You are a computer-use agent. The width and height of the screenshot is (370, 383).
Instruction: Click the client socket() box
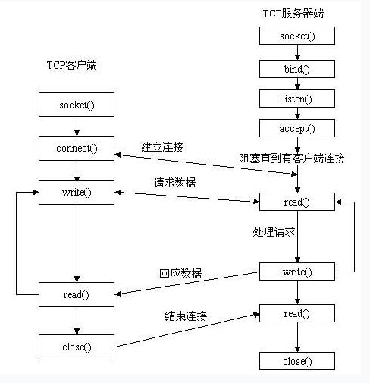(77, 104)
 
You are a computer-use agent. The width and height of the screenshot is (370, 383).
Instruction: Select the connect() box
(77, 148)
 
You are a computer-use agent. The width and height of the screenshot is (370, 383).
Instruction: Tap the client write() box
(77, 192)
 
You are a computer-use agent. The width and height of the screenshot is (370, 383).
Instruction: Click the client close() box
(77, 347)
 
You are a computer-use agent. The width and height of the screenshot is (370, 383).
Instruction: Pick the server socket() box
(297, 36)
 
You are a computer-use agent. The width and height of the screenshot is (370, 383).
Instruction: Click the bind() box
(297, 69)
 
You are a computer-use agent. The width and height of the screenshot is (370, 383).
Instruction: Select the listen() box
(297, 99)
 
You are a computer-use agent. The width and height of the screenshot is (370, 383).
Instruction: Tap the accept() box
(297, 128)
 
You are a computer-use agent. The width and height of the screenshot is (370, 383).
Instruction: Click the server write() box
(297, 272)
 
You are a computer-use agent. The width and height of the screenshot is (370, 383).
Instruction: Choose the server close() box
(297, 361)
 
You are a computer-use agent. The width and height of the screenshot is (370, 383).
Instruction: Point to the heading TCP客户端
(72, 65)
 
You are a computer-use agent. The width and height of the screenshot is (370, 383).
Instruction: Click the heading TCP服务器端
(293, 14)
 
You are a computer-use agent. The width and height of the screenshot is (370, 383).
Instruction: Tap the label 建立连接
(162, 147)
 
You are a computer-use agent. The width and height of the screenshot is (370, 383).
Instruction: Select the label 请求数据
(174, 182)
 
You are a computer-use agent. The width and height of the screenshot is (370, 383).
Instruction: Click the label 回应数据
(180, 274)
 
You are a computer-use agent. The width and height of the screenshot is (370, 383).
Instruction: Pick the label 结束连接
(186, 316)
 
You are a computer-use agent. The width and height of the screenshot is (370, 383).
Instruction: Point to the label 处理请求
(274, 231)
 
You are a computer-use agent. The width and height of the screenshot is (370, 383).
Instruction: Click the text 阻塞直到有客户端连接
(292, 159)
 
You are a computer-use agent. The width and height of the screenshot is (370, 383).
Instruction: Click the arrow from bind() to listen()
(297, 83)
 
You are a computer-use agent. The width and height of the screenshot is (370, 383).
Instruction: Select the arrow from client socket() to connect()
(77, 126)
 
